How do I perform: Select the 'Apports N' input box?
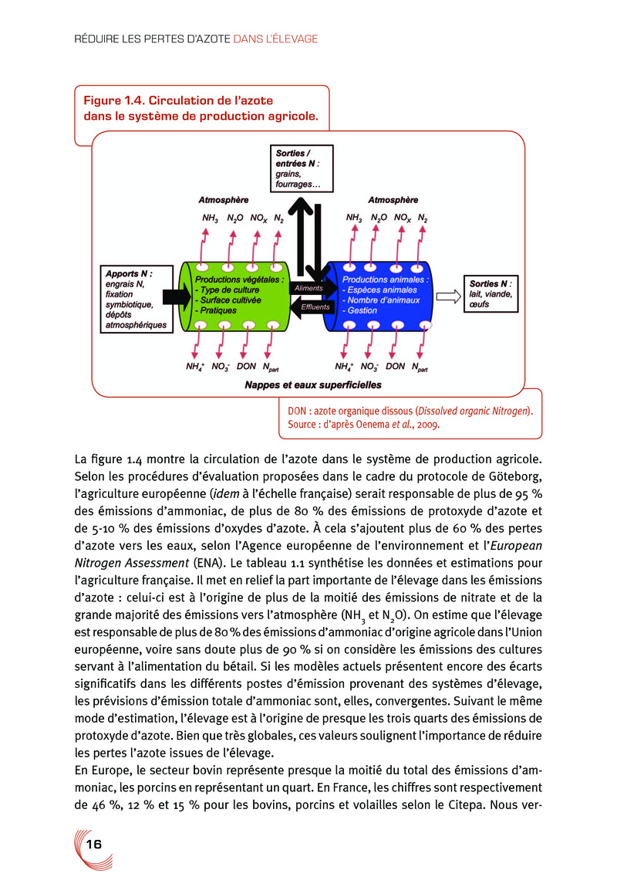click(x=135, y=298)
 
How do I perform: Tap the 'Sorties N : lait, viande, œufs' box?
click(x=491, y=293)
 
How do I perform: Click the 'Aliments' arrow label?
click(x=309, y=288)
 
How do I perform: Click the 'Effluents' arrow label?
click(x=315, y=306)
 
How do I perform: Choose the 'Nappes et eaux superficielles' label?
click(x=312, y=384)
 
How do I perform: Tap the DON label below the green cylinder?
click(x=247, y=366)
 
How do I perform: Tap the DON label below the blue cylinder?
click(x=395, y=366)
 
